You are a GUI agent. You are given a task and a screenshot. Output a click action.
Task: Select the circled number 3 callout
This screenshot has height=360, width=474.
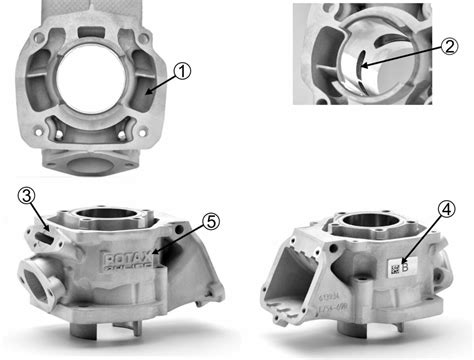click(27, 194)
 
